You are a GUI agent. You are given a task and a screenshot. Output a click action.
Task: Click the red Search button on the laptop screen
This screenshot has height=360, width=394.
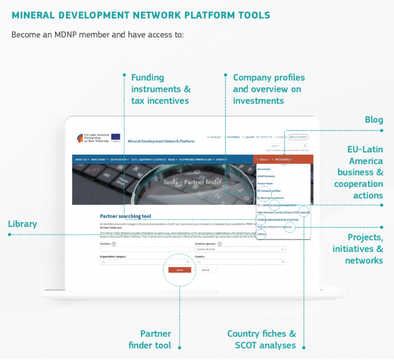pyautogui.click(x=179, y=269)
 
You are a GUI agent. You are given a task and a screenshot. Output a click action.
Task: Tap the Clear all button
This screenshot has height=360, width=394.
pyautogui.click(x=205, y=269)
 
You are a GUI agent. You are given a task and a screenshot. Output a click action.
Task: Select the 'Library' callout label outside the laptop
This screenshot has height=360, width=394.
pyautogui.click(x=22, y=223)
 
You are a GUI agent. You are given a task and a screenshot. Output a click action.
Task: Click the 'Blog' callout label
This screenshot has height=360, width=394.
pyautogui.click(x=373, y=119)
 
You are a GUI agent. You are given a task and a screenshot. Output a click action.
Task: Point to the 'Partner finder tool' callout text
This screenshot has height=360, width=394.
pyautogui.click(x=149, y=339)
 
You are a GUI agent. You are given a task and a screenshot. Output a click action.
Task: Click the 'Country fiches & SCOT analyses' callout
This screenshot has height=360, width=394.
pyautogui.click(x=261, y=339)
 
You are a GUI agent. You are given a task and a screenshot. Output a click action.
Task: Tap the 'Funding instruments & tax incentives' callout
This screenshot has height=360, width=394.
pyautogui.click(x=160, y=89)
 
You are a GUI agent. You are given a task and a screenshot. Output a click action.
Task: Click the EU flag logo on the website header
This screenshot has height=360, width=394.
pyautogui.click(x=115, y=137)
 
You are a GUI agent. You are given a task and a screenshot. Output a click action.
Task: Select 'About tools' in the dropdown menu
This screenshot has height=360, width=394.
pyautogui.click(x=263, y=169)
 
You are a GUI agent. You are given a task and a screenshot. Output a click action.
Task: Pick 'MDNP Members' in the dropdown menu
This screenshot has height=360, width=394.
pyautogui.click(x=266, y=176)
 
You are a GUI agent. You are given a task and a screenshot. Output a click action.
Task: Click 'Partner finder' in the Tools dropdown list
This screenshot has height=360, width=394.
pyautogui.click(x=265, y=183)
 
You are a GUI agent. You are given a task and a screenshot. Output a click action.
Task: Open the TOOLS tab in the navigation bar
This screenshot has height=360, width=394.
pyautogui.click(x=263, y=159)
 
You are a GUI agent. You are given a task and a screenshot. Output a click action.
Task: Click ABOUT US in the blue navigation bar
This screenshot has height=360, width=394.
pyautogui.click(x=81, y=159)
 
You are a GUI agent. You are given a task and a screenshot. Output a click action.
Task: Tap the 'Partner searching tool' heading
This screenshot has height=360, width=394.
pyautogui.click(x=125, y=216)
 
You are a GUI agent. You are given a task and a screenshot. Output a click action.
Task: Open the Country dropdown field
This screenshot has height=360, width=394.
pyautogui.click(x=240, y=261)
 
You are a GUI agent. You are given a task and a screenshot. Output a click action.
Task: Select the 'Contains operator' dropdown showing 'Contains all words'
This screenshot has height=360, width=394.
pyautogui.click(x=240, y=249)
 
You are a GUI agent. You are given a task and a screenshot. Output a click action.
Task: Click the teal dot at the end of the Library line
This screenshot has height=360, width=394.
pyautogui.click(x=9, y=234)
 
